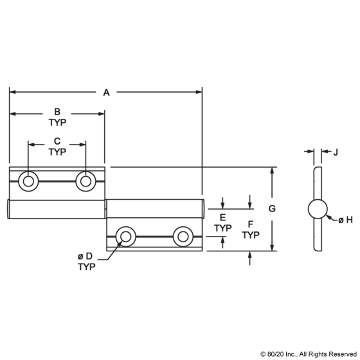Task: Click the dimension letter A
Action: click(x=106, y=93)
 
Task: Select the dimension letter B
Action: click(x=57, y=112)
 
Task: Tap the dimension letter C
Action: click(x=57, y=141)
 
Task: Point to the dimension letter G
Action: click(x=272, y=209)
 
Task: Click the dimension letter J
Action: click(x=336, y=152)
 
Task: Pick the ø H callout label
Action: click(x=346, y=220)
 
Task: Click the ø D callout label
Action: click(x=85, y=256)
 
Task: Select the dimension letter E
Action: click(x=222, y=217)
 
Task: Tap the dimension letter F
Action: click(x=251, y=224)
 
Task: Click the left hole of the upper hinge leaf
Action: click(x=28, y=181)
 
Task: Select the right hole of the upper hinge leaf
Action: click(x=85, y=181)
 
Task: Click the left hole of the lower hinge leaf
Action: click(x=125, y=237)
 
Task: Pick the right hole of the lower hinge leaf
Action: click(x=183, y=237)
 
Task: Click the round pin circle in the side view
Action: click(x=318, y=209)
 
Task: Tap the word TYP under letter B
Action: click(x=57, y=123)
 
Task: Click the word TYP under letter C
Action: click(x=57, y=152)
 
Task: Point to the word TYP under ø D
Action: click(x=87, y=267)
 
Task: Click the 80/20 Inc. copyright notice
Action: click(x=309, y=354)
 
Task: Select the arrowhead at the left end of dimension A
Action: click(x=13, y=92)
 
